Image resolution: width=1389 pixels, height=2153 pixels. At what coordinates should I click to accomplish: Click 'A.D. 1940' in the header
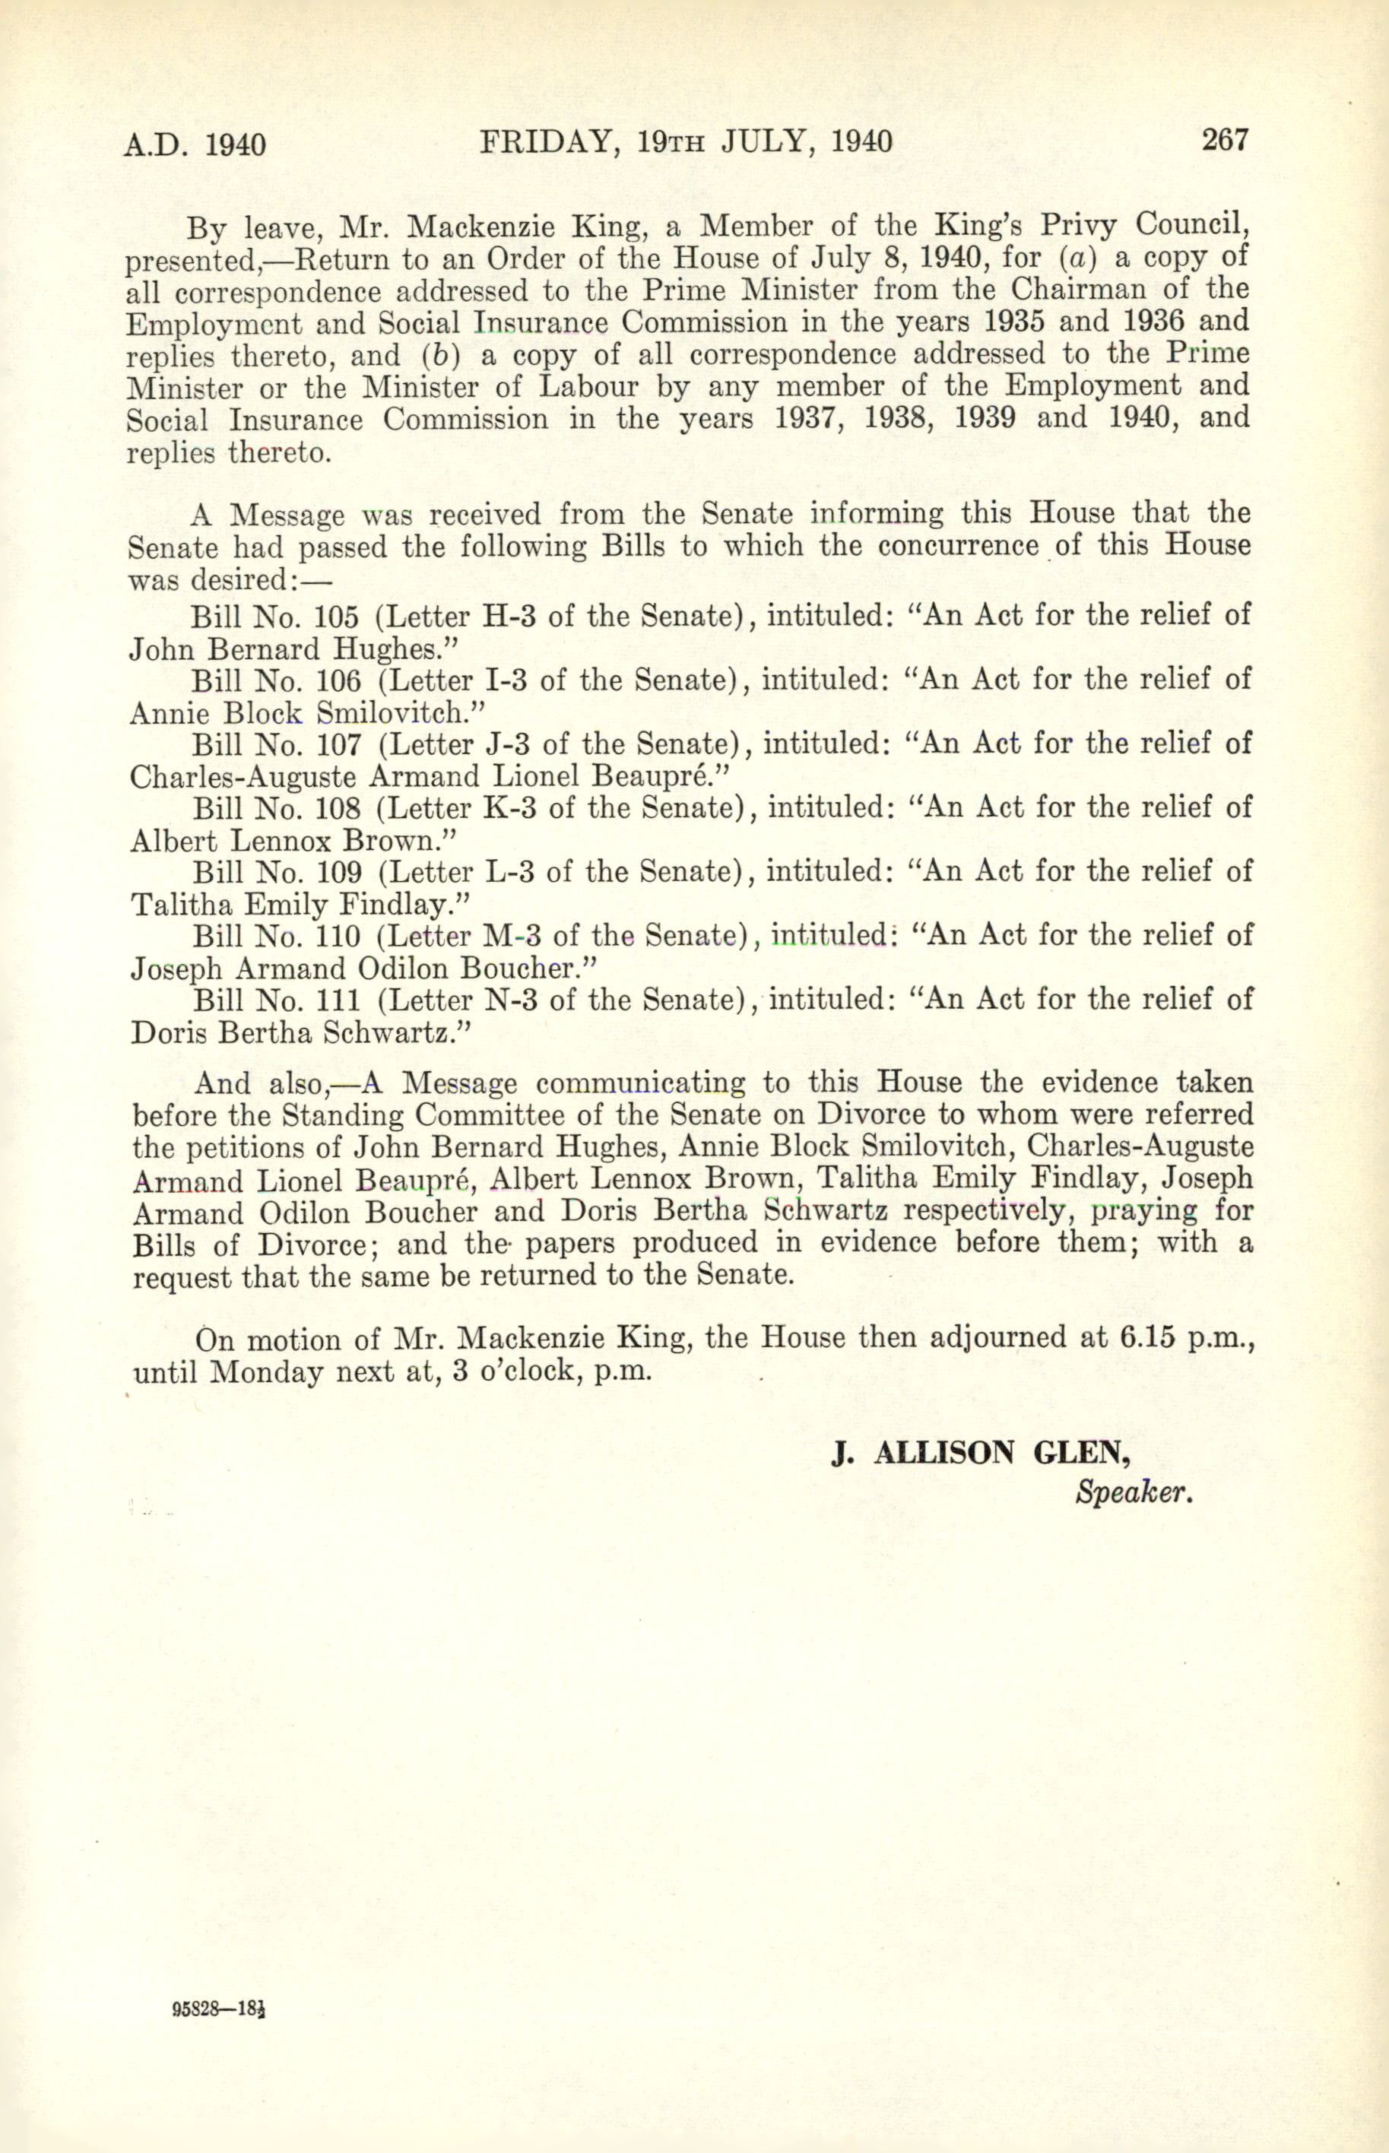[195, 144]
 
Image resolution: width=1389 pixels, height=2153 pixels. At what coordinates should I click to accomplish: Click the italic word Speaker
[1134, 1494]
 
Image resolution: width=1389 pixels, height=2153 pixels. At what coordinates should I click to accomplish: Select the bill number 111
[337, 1000]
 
